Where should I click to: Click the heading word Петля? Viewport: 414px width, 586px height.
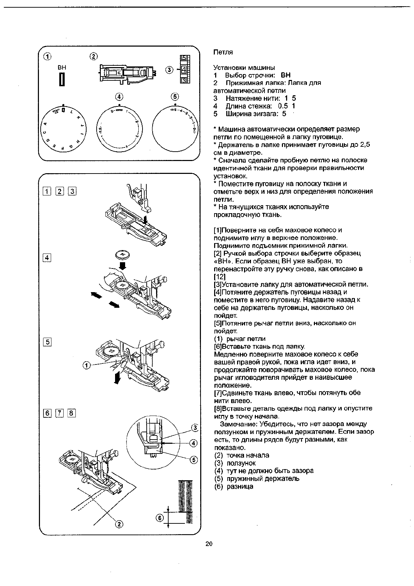223,52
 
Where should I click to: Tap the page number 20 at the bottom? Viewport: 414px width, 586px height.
209,544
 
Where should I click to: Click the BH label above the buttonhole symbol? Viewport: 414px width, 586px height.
62,68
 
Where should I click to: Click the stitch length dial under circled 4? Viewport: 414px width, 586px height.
119,128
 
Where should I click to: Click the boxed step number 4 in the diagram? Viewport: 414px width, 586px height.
47,258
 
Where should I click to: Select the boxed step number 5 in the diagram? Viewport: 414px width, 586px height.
47,342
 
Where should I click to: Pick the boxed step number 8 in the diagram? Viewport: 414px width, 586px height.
71,413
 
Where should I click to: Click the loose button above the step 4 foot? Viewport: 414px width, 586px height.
122,256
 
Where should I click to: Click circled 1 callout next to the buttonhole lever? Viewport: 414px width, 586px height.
87,365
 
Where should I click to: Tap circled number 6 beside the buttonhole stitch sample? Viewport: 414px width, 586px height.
159,518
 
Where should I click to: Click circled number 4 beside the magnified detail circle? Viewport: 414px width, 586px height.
194,443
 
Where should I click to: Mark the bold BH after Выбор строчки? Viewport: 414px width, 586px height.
285,75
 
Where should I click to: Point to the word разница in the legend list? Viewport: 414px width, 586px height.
240,486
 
